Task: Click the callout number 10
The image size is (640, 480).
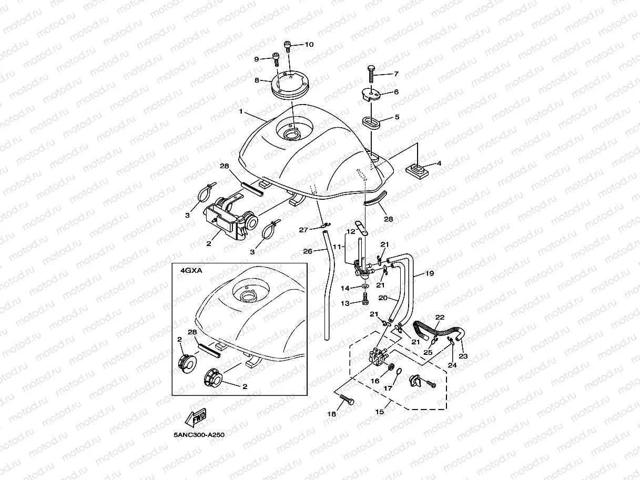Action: click(x=309, y=45)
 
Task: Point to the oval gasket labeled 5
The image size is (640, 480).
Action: click(x=372, y=122)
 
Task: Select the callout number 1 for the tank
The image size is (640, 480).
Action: click(x=240, y=112)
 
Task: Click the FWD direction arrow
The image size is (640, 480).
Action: click(x=195, y=418)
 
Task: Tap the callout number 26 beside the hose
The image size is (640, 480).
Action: click(x=308, y=251)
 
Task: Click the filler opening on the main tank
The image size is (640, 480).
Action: click(x=291, y=134)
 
